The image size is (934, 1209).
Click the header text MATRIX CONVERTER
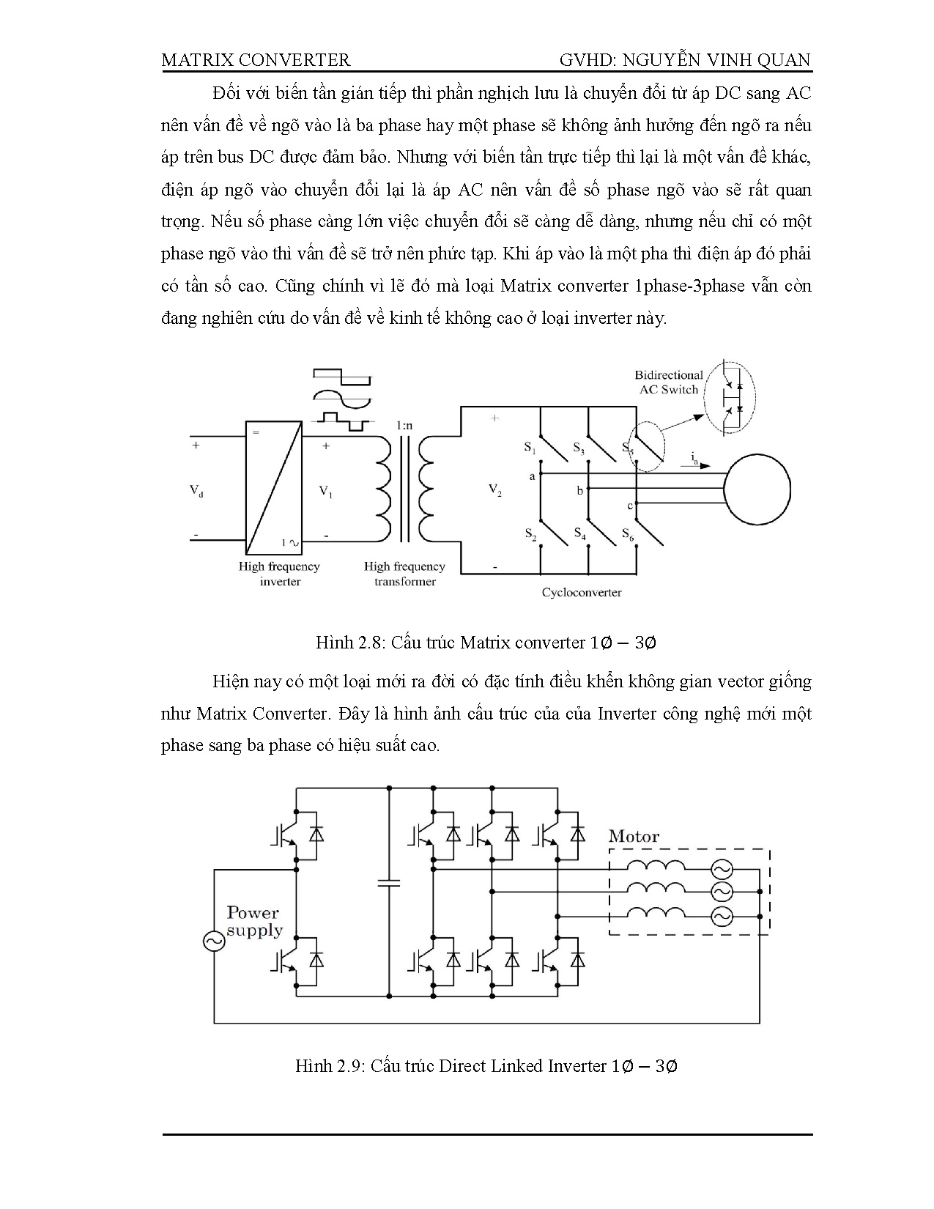[256, 60]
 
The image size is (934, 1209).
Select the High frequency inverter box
[274, 488]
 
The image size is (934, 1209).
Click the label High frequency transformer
[404, 574]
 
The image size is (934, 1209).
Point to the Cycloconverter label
[582, 593]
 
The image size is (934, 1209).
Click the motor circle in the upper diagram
[757, 487]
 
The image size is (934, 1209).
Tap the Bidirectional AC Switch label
[668, 382]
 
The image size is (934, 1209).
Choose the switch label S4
[579, 533]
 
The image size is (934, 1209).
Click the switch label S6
[628, 533]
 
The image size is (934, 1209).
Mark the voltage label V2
[494, 491]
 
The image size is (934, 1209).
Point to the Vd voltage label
[196, 492]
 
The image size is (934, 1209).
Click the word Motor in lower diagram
[634, 837]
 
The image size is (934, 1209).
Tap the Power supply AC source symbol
[214, 942]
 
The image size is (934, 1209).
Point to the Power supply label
[253, 921]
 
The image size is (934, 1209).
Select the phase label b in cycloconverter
[579, 490]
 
